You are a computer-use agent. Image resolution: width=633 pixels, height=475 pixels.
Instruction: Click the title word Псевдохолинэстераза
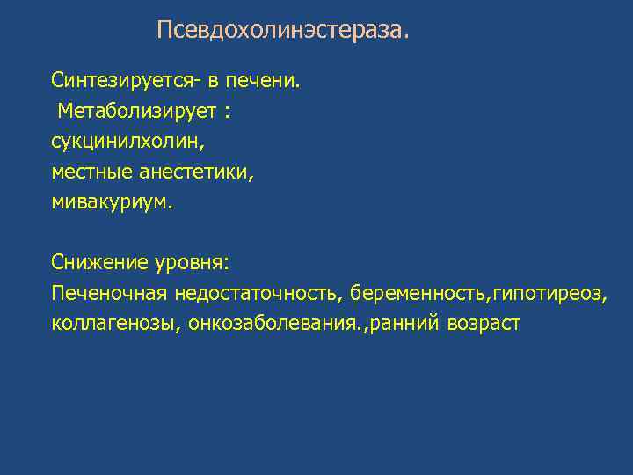click(x=282, y=31)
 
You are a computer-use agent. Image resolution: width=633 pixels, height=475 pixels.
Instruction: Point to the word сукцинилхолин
click(x=116, y=142)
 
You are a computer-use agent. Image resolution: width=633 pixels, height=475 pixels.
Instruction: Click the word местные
click(x=89, y=172)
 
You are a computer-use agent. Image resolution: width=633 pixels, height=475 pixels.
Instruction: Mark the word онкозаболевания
click(x=274, y=323)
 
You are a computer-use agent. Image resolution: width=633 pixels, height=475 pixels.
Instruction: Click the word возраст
click(x=483, y=323)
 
